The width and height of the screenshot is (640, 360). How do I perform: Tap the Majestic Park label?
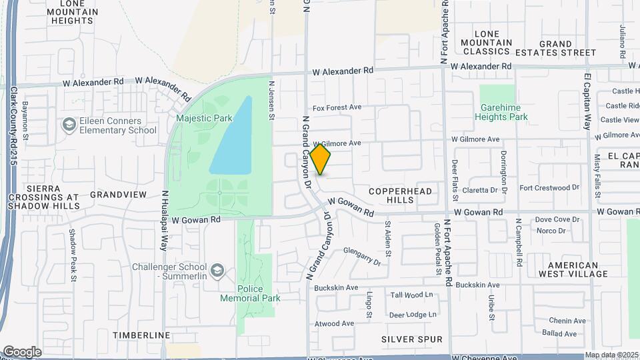tap(204, 119)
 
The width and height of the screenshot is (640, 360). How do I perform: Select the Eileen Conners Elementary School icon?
tap(69, 125)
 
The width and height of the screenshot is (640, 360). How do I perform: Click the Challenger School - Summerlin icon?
tap(217, 270)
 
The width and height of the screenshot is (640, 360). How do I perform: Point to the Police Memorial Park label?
tap(250, 293)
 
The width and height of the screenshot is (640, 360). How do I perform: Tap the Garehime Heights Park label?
tap(501, 112)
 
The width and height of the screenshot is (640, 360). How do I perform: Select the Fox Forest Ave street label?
tap(337, 107)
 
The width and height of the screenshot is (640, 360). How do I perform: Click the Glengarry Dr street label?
tap(361, 257)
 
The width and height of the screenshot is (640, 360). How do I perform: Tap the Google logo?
tap(22, 352)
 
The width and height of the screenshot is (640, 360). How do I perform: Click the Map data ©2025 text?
tap(611, 355)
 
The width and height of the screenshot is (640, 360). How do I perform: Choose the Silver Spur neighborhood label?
tap(412, 339)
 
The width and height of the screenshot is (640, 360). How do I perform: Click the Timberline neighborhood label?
tap(141, 335)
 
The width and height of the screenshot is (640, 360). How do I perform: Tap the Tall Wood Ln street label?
tap(411, 295)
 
